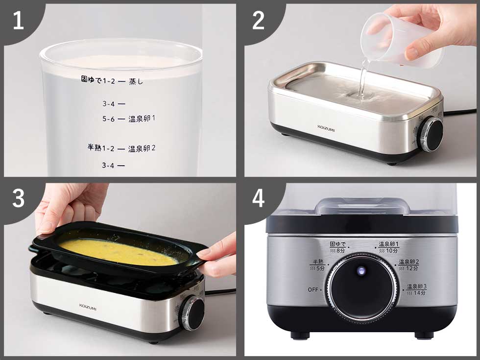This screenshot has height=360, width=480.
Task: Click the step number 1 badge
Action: pos(18,21)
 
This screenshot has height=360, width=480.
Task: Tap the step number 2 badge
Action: pos(258,21)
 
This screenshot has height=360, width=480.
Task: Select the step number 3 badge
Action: pos(18,199)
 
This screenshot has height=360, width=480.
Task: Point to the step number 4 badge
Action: pos(258,199)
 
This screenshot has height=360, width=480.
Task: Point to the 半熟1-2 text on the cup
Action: pos(101,147)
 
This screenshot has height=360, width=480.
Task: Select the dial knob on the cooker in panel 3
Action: pos(193,313)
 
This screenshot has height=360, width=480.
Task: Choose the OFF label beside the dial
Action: pos(313,289)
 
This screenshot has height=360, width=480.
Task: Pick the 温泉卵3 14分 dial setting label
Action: pos(416,289)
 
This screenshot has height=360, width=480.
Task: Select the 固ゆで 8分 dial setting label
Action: pos(337,247)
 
